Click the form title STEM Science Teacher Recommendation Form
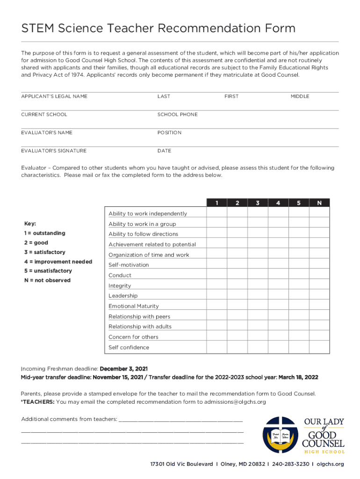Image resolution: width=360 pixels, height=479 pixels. click(x=158, y=29)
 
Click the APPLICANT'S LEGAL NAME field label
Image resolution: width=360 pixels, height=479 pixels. click(x=54, y=96)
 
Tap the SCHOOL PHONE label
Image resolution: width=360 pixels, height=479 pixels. click(x=177, y=115)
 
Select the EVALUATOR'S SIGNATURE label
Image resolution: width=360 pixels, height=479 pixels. click(x=54, y=151)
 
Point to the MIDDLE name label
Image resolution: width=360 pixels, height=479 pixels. click(x=300, y=96)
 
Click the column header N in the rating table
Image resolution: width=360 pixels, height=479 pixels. click(x=319, y=203)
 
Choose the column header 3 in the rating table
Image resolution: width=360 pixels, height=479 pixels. click(x=258, y=203)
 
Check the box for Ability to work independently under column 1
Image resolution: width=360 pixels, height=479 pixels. click(x=216, y=213)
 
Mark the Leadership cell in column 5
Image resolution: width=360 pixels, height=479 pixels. click(x=299, y=296)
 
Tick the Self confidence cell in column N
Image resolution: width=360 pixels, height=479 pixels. click(x=319, y=347)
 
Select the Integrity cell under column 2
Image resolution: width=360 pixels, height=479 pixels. click(x=237, y=285)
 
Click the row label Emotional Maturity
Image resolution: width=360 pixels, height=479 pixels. click(x=134, y=306)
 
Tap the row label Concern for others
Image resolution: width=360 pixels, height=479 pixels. click(x=133, y=337)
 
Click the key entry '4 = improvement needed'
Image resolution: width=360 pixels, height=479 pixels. click(x=58, y=262)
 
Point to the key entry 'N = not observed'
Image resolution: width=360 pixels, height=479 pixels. click(x=47, y=281)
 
